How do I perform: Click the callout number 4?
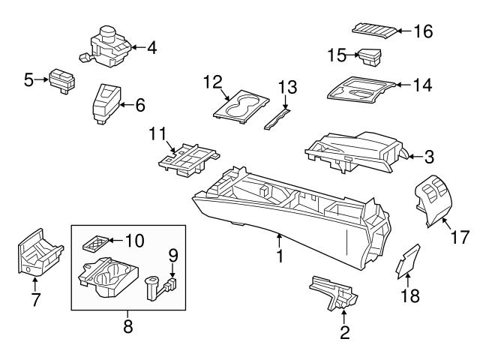(151, 49)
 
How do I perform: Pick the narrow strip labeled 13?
(277, 117)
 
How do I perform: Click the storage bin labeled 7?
(35, 254)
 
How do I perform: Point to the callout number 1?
(279, 256)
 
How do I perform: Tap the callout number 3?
(428, 157)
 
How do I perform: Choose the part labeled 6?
(104, 102)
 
